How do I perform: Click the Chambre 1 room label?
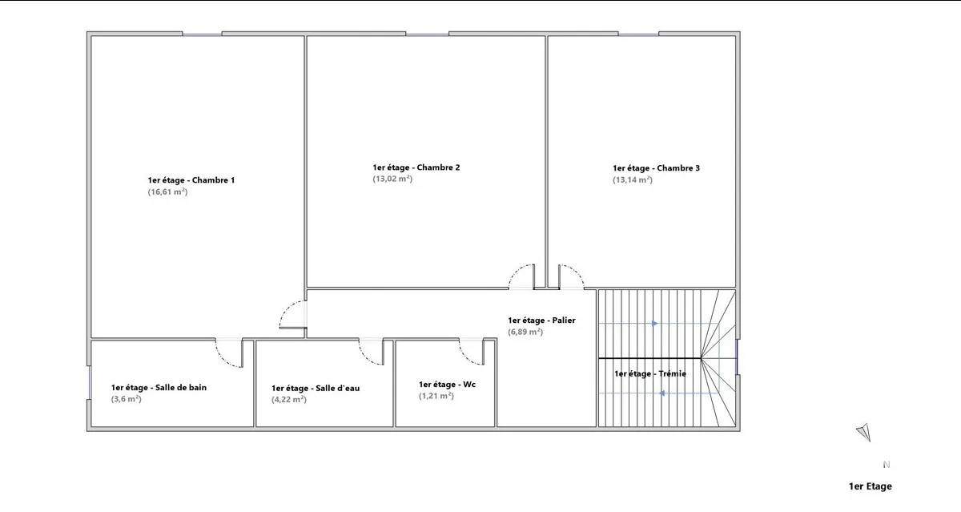(191, 180)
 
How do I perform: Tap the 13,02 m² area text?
(392, 179)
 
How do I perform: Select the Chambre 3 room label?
(656, 168)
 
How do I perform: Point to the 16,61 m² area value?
(167, 191)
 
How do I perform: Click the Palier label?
(541, 321)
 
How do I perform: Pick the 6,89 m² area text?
(525, 332)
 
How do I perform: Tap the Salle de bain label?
(159, 388)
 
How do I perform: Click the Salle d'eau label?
(316, 389)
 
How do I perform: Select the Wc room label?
(447, 385)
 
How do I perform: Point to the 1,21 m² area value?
(436, 396)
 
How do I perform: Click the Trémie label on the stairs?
(650, 374)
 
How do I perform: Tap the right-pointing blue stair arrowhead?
(655, 324)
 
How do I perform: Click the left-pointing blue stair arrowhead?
(662, 393)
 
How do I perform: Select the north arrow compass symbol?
(864, 432)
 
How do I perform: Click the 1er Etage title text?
(870, 486)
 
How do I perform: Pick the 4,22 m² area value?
(289, 400)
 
